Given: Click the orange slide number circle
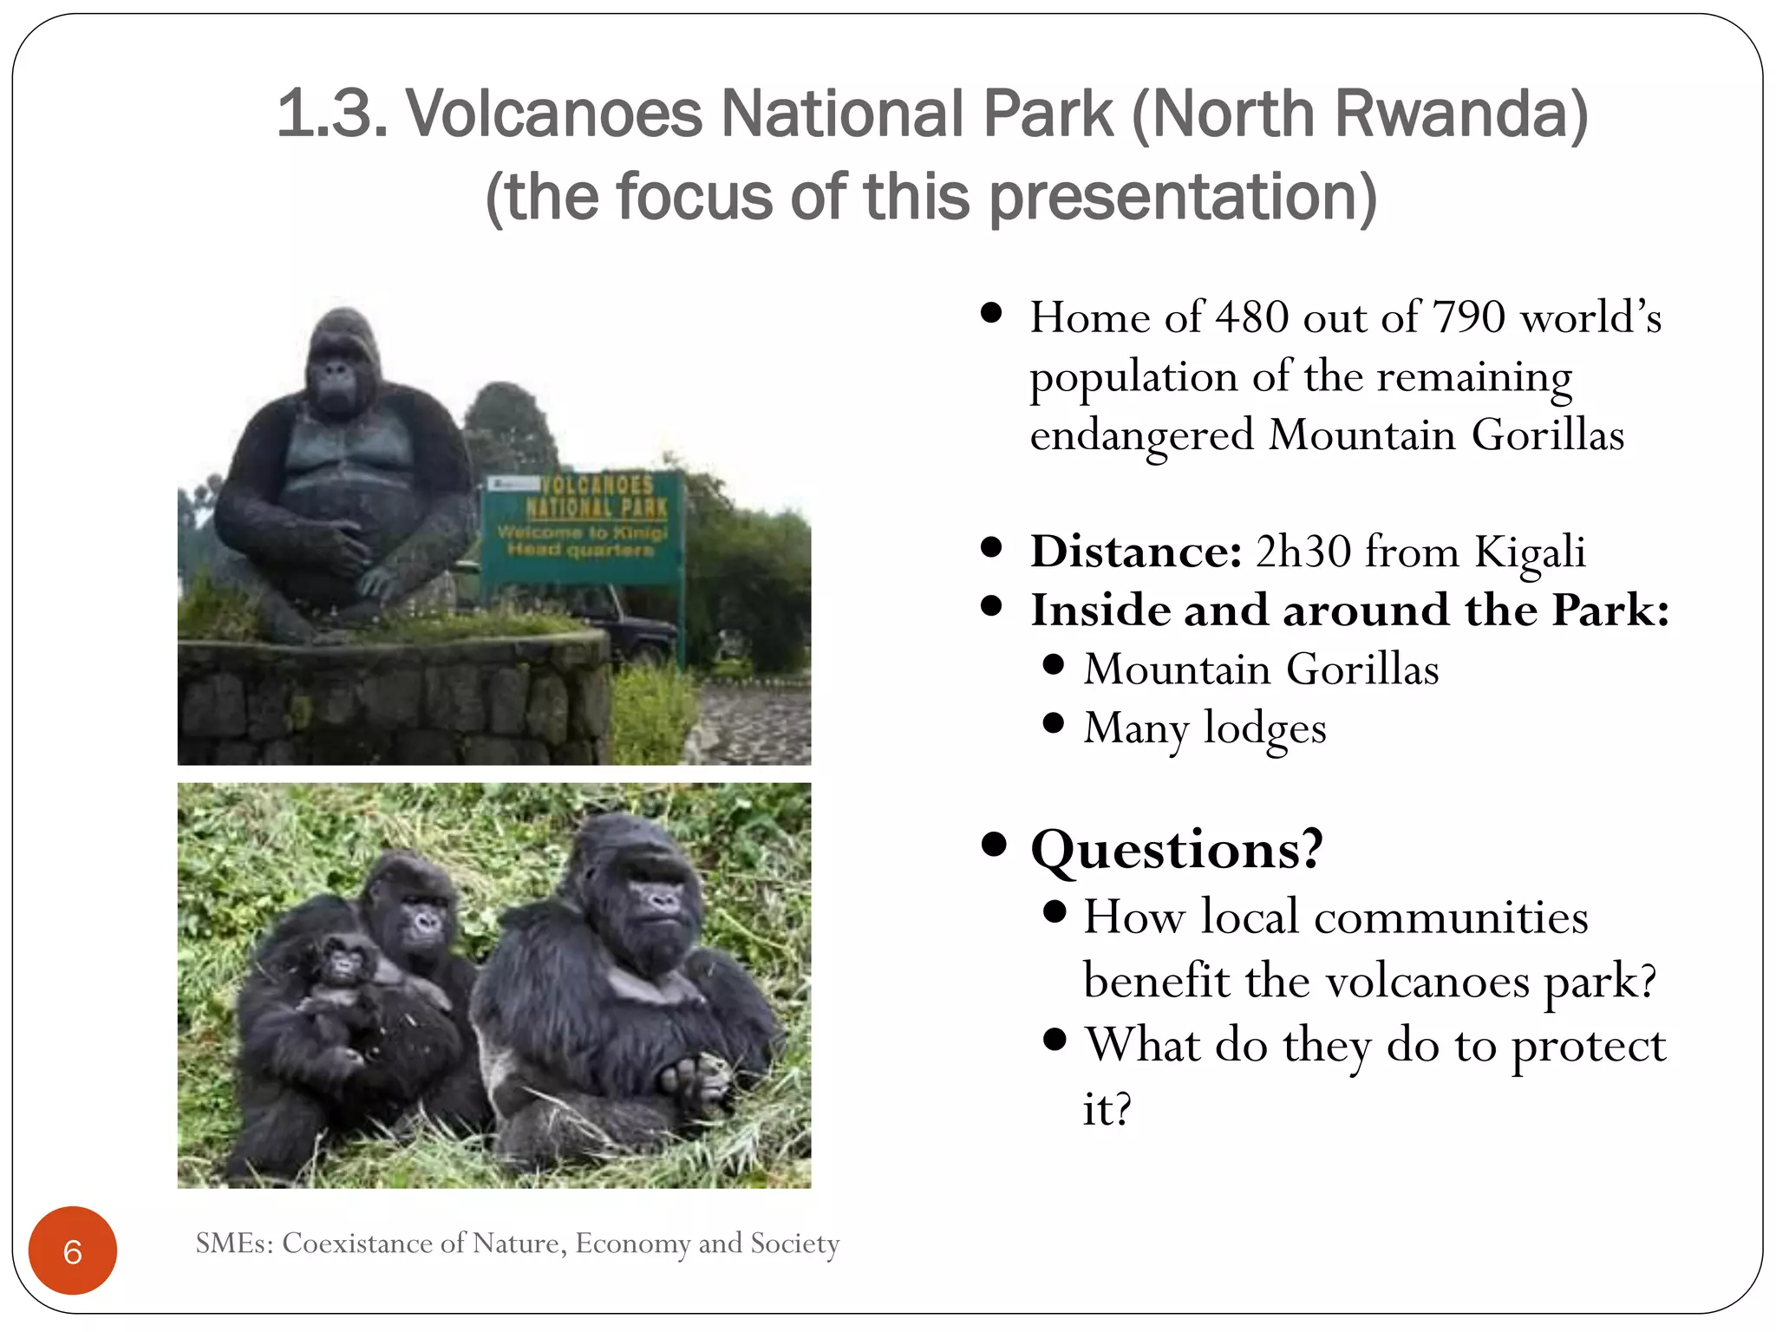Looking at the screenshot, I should tap(73, 1250).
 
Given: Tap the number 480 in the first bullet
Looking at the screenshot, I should tap(1252, 317).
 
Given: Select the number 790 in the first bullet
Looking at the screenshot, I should tap(1468, 317).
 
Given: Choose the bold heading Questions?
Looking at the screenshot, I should tap(1177, 849).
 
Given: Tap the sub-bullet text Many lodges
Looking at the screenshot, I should tap(1205, 728).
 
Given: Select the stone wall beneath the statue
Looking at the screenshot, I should tap(390, 702).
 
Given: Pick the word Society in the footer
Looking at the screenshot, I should tap(794, 1244).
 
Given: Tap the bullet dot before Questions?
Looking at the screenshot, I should tap(994, 844).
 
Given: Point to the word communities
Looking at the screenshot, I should tap(1451, 917).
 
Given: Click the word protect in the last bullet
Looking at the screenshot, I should tap(1588, 1046).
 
